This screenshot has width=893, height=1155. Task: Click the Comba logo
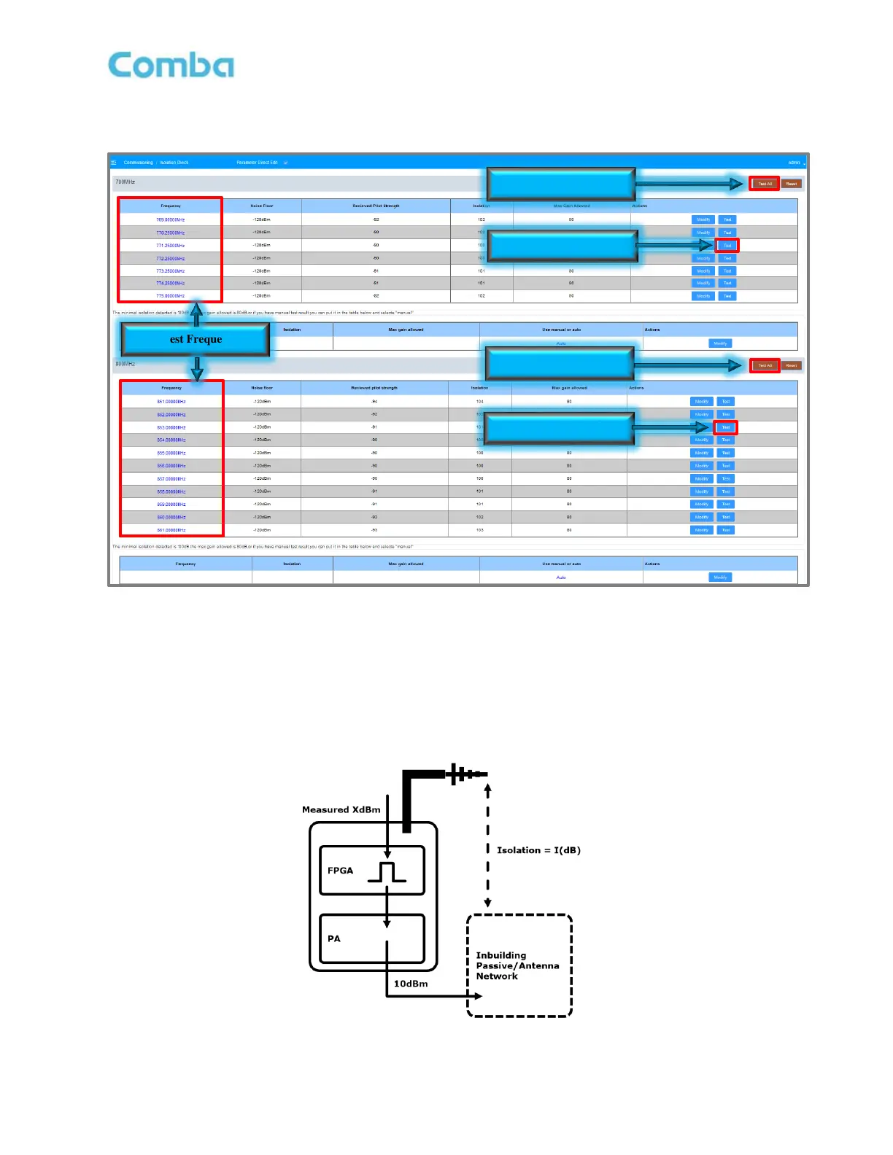pyautogui.click(x=171, y=65)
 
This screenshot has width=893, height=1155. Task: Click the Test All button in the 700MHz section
pyautogui.click(x=765, y=184)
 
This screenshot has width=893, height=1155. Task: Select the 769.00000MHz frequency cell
pyautogui.click(x=170, y=219)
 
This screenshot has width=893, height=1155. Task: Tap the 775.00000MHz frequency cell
pyautogui.click(x=170, y=296)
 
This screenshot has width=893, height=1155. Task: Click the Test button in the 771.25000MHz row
pyautogui.click(x=727, y=246)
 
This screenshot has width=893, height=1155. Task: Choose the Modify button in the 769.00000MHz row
pyautogui.click(x=703, y=219)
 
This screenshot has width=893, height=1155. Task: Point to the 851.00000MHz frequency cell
pyautogui.click(x=171, y=402)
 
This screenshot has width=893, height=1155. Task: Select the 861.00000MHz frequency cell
pyautogui.click(x=171, y=530)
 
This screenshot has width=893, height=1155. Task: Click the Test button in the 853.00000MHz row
pyautogui.click(x=726, y=427)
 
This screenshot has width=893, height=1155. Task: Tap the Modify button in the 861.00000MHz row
pyautogui.click(x=701, y=530)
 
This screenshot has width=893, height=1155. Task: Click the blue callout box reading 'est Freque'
pyautogui.click(x=196, y=340)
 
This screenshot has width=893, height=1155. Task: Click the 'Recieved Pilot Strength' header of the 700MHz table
pyautogui.click(x=376, y=206)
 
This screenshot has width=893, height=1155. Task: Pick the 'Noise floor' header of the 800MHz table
pyautogui.click(x=262, y=388)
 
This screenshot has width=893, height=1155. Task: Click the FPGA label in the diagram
pyautogui.click(x=340, y=871)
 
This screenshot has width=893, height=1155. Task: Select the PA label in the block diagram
pyautogui.click(x=334, y=938)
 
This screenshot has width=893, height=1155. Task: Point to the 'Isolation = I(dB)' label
pyautogui.click(x=538, y=850)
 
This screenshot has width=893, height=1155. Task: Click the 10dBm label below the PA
pyautogui.click(x=411, y=984)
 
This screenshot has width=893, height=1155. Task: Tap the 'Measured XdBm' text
pyautogui.click(x=341, y=809)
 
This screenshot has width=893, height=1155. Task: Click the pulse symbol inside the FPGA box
pyautogui.click(x=387, y=872)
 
